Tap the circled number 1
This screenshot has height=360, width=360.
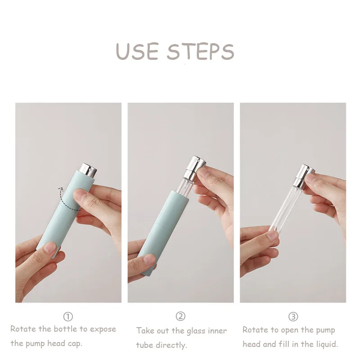tap(68, 317)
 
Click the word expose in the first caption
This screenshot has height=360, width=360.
tap(103, 329)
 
